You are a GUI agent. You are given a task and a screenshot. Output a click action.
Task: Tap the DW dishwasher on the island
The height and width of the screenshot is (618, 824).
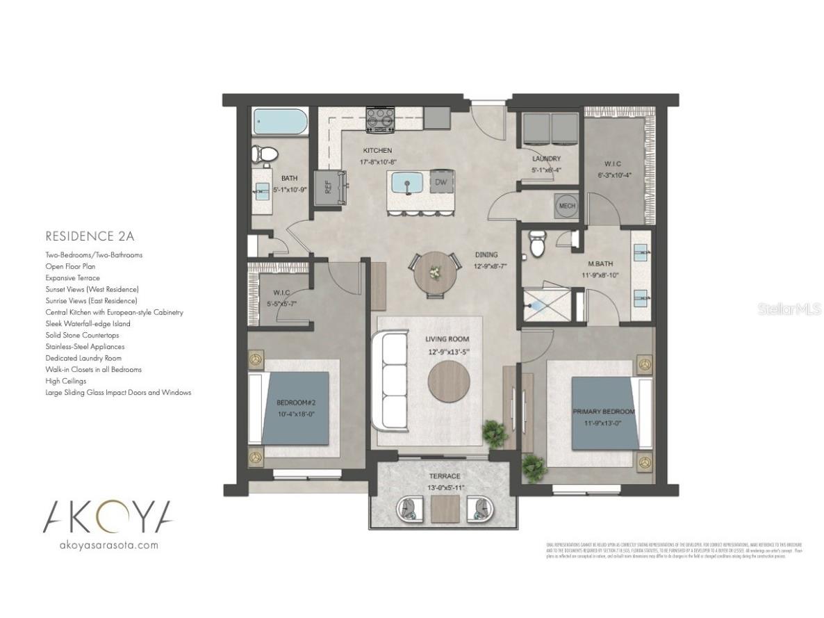tap(440, 183)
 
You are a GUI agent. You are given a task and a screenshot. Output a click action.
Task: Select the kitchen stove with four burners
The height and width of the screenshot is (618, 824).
tap(380, 120)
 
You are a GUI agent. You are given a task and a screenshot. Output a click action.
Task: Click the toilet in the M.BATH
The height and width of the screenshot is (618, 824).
tap(537, 243)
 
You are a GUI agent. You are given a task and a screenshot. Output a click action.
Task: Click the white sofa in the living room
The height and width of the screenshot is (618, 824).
tap(390, 381)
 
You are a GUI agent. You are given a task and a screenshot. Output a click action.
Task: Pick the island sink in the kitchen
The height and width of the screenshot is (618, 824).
tap(408, 183)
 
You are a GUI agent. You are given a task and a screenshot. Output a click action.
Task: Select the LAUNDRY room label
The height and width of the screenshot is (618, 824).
tap(545, 158)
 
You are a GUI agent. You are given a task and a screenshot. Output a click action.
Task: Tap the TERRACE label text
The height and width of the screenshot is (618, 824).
tap(444, 476)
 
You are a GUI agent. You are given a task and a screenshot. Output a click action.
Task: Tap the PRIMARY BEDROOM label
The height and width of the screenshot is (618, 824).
tap(601, 412)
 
